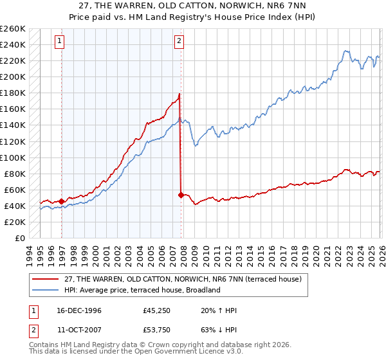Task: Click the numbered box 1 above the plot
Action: (x=59, y=42)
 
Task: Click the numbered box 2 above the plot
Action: (x=178, y=42)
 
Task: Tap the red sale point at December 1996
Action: (x=61, y=201)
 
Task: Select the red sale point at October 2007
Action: (x=181, y=194)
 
